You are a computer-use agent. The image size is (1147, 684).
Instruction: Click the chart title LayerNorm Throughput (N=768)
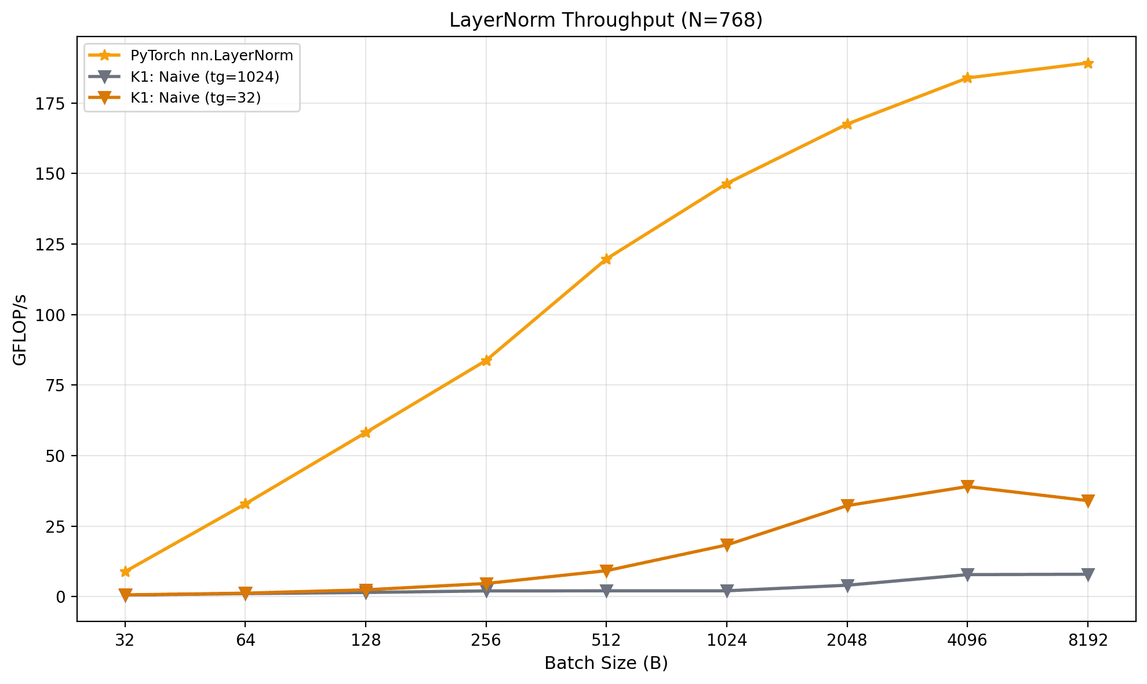coord(606,20)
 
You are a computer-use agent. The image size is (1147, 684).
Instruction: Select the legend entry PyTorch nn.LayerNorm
coord(212,56)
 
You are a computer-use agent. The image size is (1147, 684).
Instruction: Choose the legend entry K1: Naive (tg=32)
coord(195,97)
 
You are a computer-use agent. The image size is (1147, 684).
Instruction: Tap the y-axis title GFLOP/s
coord(20,329)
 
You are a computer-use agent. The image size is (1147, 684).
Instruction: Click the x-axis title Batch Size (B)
coord(606,663)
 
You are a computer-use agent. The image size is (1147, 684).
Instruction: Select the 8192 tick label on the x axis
coord(1087,641)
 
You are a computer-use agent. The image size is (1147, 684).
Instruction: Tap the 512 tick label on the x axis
coord(606,641)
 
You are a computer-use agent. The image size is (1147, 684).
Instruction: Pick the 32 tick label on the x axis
coord(125,641)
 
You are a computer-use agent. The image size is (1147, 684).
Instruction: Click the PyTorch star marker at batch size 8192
coord(1087,63)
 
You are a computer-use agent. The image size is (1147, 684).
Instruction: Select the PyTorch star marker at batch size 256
coord(486,361)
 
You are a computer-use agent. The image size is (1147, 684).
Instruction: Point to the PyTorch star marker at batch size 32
coord(125,572)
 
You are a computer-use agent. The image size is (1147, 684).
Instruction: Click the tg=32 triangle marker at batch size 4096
coord(967,486)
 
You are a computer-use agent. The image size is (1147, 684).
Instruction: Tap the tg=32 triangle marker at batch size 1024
coord(726,545)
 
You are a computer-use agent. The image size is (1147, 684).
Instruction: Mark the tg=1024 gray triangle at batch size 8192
coord(1087,574)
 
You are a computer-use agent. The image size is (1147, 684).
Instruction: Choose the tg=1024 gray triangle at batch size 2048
coord(847,585)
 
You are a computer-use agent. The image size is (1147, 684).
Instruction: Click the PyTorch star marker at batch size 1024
coord(726,184)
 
